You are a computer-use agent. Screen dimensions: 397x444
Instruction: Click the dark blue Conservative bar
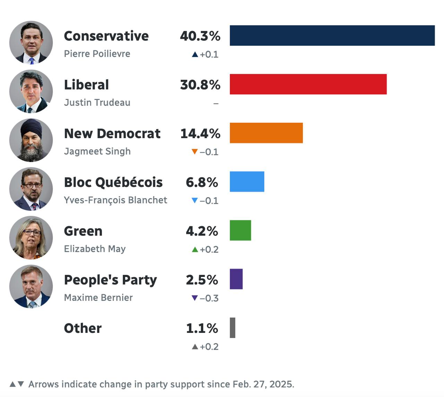[x=332, y=35]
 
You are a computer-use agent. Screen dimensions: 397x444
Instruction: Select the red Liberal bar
[x=308, y=84]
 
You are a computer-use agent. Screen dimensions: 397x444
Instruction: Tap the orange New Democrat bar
[x=266, y=133]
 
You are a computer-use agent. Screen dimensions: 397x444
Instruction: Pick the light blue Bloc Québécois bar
[x=247, y=181]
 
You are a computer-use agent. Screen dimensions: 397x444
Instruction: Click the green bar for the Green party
[x=240, y=230]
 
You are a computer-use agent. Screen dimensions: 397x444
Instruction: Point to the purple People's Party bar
[x=236, y=279]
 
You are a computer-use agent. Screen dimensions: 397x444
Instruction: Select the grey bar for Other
[x=232, y=328]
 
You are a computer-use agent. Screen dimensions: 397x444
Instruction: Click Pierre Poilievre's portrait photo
[x=31, y=42]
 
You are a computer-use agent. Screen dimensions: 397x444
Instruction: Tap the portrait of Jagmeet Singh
[x=31, y=140]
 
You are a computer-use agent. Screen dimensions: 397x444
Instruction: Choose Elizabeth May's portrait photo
[x=31, y=238]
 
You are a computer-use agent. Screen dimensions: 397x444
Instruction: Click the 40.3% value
[x=200, y=36]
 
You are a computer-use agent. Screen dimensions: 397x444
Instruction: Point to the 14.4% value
[x=200, y=134]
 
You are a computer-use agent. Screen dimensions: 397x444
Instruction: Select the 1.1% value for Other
[x=202, y=328]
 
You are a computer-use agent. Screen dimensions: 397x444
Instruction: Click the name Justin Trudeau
[x=97, y=103]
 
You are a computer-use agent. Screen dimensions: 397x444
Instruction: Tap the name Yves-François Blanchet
[x=116, y=200]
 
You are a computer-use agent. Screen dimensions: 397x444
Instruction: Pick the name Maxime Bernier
[x=98, y=298]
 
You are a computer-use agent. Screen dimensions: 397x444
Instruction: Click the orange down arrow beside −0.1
[x=195, y=152]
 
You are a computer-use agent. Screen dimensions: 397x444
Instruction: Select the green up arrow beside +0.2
[x=195, y=249]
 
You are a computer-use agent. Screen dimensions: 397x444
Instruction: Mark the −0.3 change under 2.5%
[x=209, y=298]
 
